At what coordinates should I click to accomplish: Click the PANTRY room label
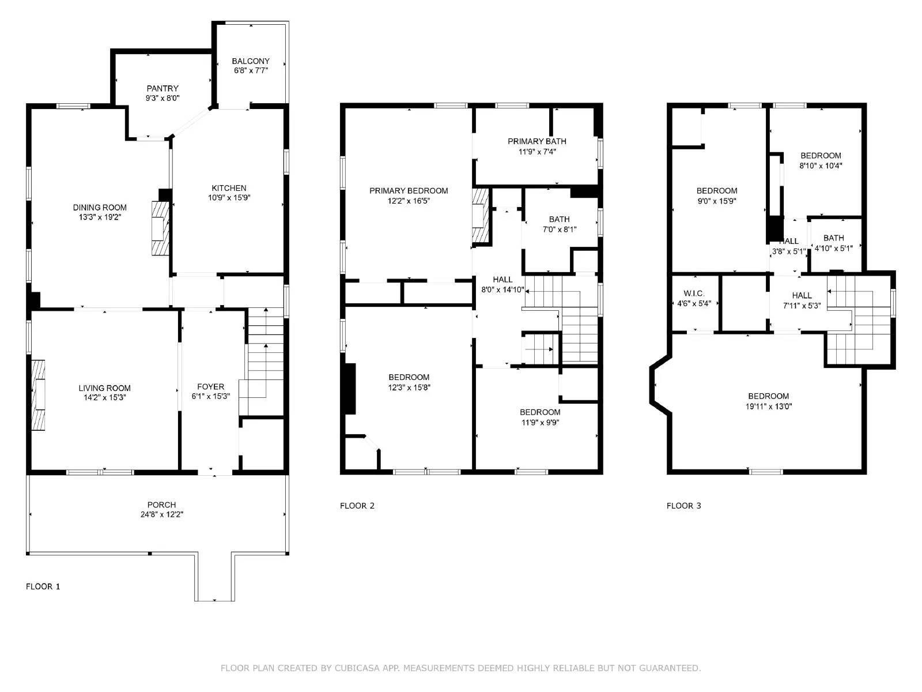[163, 88]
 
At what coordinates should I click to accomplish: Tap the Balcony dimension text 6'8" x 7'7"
[251, 70]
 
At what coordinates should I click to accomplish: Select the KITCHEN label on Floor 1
[229, 188]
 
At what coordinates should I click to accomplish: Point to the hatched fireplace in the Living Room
[38, 395]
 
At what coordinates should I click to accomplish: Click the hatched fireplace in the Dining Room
[160, 228]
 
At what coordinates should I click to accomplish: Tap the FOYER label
[210, 387]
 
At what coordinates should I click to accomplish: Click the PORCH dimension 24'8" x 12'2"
[161, 514]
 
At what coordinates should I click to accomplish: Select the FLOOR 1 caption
[43, 586]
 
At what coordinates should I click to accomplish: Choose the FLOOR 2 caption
[357, 506]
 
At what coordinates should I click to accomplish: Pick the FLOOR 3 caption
[684, 506]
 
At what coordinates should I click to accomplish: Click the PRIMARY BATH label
[536, 141]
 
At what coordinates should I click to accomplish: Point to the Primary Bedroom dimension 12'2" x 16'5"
[409, 201]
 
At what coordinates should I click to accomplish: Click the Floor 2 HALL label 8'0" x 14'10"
[502, 285]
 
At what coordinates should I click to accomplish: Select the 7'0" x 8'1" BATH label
[559, 224]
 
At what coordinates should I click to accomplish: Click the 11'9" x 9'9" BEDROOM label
[540, 417]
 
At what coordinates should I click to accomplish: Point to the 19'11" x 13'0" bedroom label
[768, 401]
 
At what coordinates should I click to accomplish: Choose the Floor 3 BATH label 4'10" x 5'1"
[833, 243]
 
